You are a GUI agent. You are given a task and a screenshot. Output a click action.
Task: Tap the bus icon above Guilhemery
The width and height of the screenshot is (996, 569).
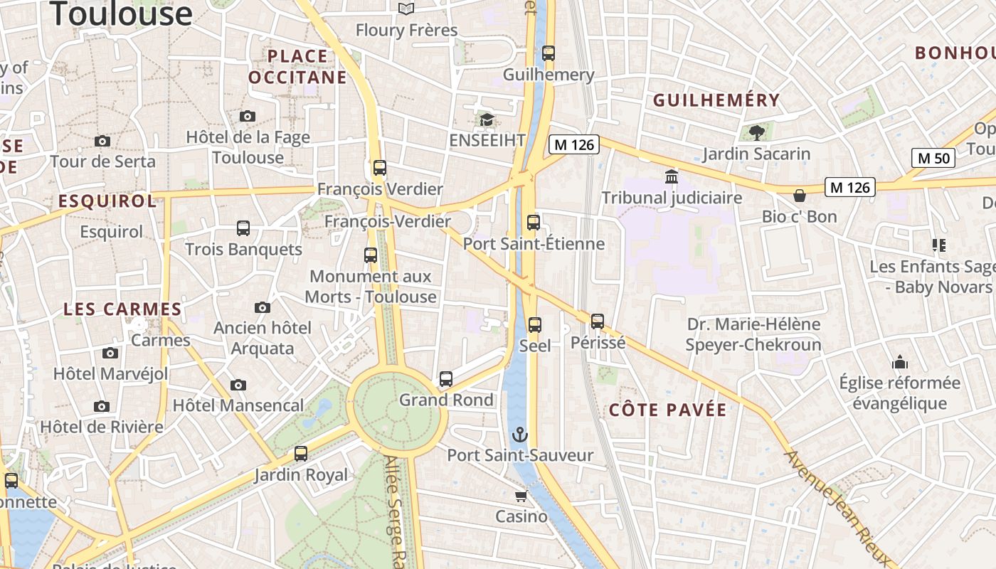tap(548, 53)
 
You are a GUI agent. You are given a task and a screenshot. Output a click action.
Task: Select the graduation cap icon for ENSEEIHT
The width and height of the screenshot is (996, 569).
tap(487, 119)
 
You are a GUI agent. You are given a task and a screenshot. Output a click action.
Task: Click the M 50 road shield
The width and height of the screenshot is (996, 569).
tap(933, 158)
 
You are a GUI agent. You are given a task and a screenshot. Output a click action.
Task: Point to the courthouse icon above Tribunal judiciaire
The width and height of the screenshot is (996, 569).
tap(672, 176)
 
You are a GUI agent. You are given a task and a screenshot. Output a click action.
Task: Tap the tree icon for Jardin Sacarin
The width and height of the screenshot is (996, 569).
tap(757, 132)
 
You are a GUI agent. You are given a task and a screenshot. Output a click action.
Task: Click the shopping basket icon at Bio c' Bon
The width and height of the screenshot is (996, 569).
tap(800, 195)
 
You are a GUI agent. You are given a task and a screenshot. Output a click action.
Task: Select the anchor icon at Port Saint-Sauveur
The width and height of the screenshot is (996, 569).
tap(521, 434)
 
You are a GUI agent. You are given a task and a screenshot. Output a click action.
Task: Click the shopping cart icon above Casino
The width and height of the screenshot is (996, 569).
tap(521, 495)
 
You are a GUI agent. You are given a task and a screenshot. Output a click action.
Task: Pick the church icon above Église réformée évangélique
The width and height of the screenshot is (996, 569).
tap(900, 362)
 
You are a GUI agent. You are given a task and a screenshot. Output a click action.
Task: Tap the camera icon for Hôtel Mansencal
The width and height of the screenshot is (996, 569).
tap(238, 385)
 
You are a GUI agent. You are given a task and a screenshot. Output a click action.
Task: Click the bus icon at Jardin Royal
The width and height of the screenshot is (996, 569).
tap(301, 453)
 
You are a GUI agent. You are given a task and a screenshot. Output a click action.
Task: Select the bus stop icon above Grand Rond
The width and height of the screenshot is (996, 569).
tap(446, 378)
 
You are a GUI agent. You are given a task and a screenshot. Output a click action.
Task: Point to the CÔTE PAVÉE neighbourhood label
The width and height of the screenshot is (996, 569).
tap(668, 410)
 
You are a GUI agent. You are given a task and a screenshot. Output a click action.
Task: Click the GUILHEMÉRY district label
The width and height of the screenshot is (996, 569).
tap(716, 100)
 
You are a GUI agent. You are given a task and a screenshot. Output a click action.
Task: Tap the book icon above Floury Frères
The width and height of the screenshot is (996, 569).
tap(406, 9)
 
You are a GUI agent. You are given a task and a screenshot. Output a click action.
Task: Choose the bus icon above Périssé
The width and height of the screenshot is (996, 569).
tap(598, 321)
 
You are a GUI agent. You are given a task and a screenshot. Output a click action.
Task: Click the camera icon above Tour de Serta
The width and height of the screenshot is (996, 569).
tap(102, 141)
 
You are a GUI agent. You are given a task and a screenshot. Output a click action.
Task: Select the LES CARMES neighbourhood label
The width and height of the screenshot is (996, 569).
tap(122, 309)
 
